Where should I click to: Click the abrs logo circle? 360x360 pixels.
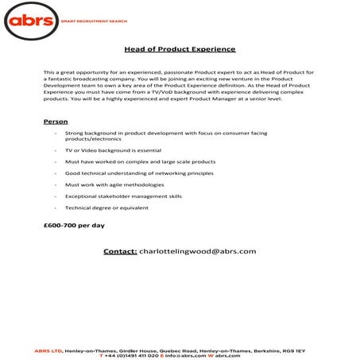coord(32,21)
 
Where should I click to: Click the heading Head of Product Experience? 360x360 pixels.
coord(180,49)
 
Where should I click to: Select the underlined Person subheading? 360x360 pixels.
coord(56,122)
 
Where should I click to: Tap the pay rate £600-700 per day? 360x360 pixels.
coord(73,225)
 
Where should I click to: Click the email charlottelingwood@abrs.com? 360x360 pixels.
coord(198,251)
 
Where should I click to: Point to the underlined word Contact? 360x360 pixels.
coord(120,251)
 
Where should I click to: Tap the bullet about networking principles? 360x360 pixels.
coord(128,172)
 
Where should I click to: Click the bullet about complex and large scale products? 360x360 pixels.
coord(130,161)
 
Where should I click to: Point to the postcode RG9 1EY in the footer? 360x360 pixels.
coord(293,350)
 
